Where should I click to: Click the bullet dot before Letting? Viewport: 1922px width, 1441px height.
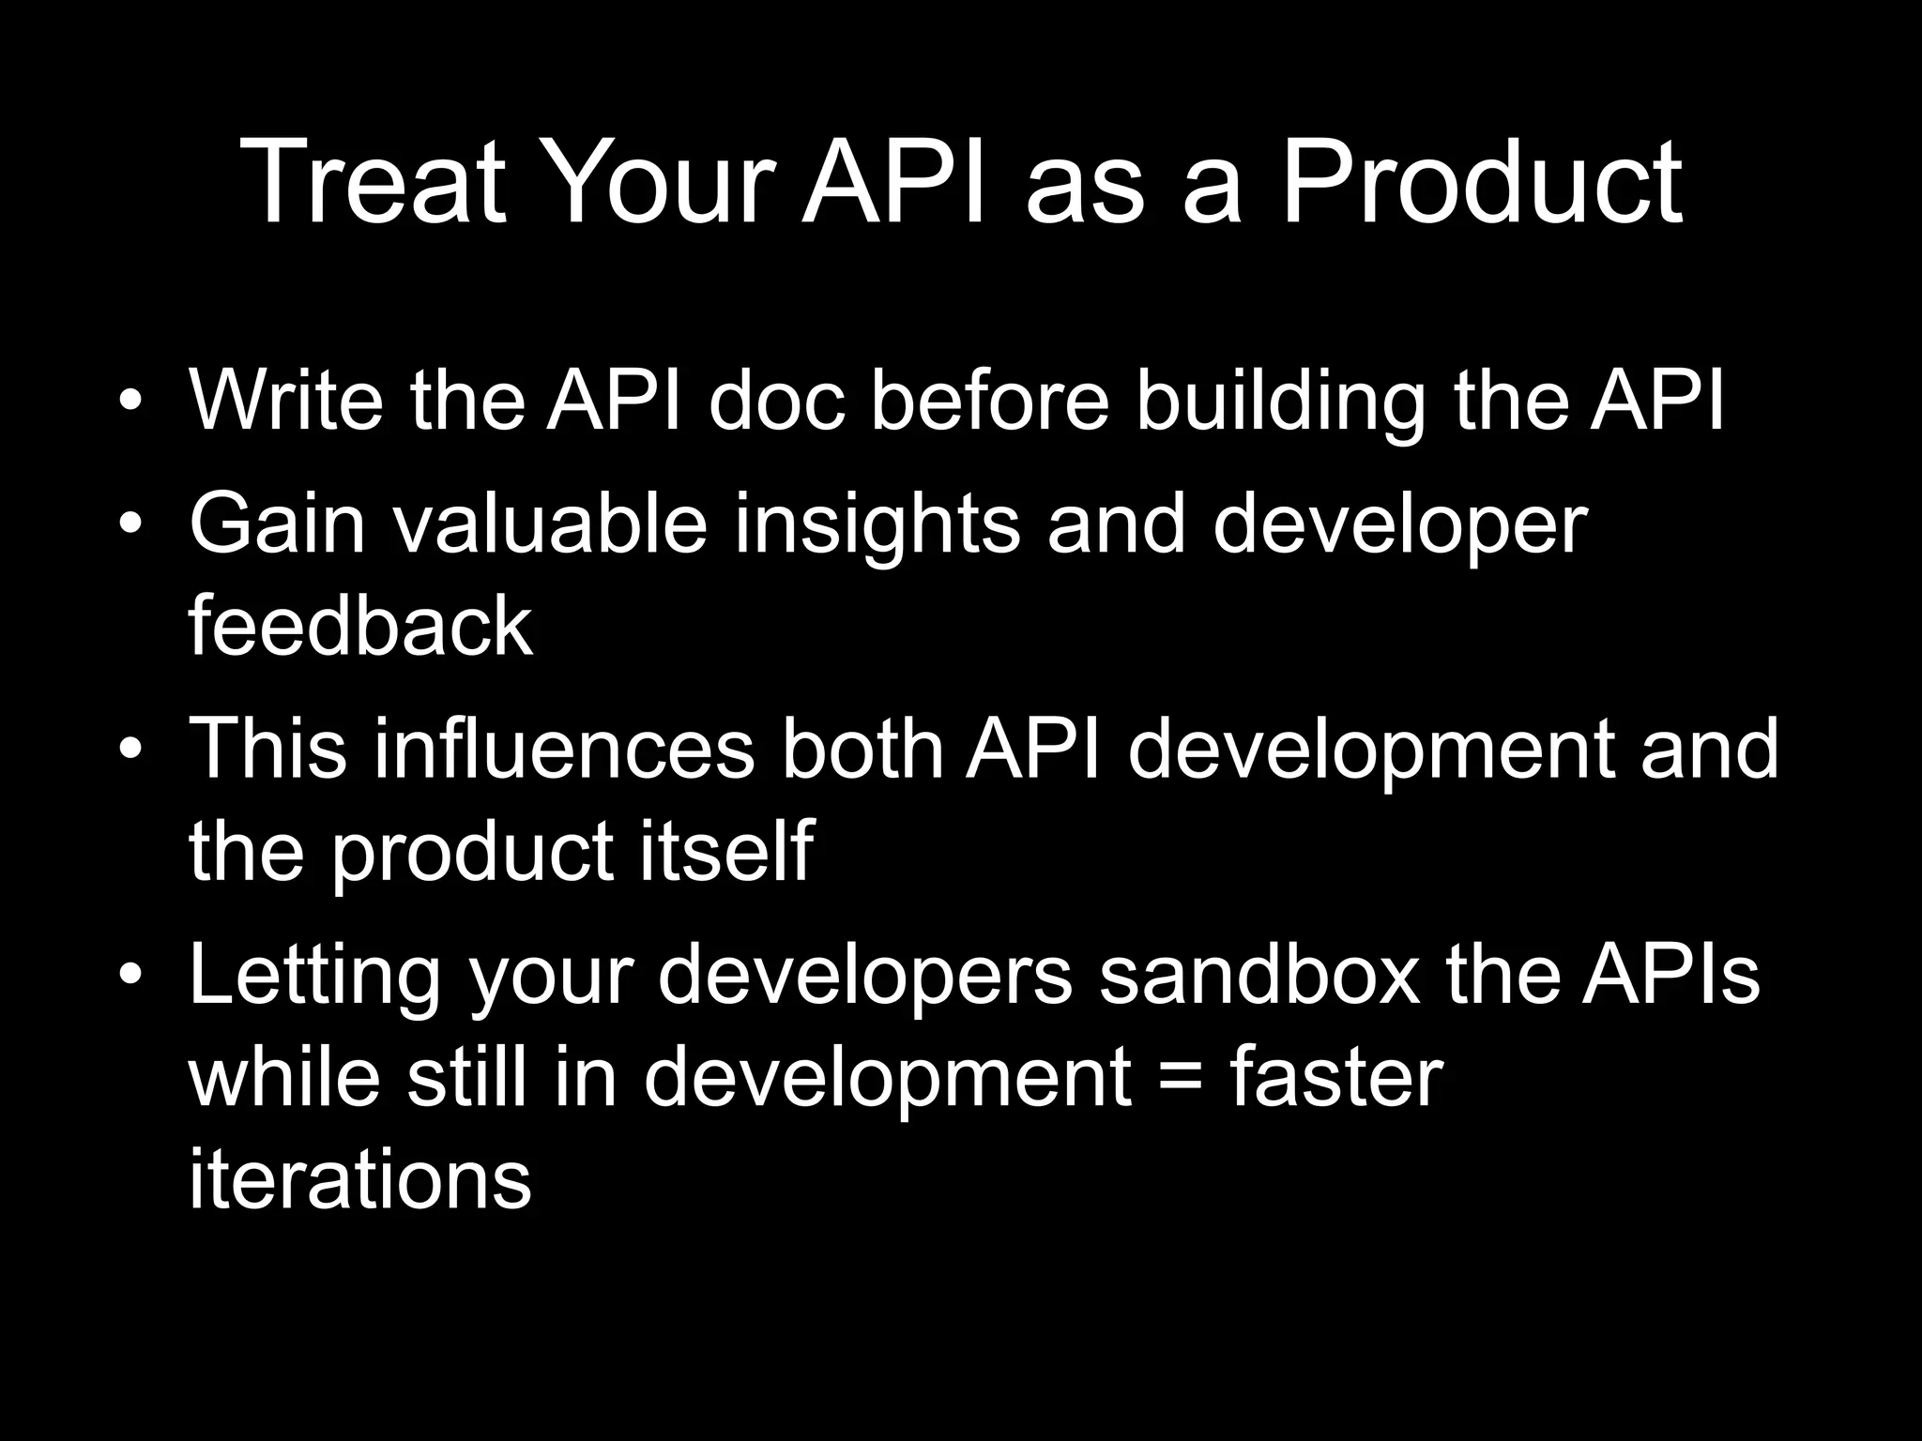click(130, 976)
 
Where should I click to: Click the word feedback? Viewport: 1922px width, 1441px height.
click(360, 626)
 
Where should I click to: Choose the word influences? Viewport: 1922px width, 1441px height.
click(564, 748)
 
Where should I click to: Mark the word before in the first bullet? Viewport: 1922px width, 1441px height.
click(990, 401)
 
